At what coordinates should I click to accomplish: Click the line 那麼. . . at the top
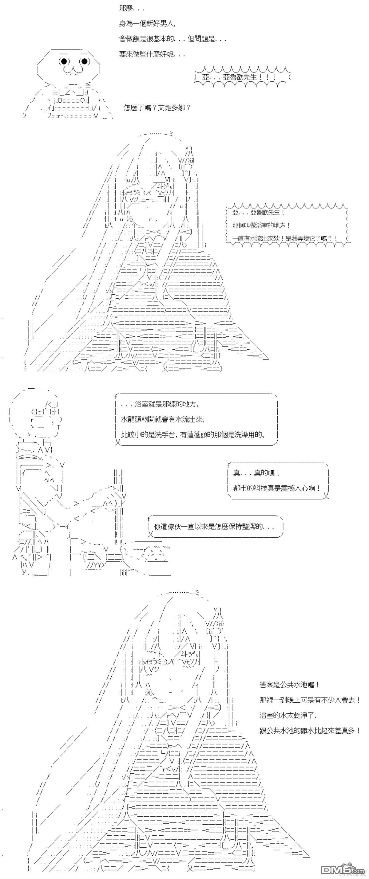click(131, 9)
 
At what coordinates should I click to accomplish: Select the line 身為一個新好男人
click(148, 24)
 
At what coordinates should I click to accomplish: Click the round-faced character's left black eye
click(64, 61)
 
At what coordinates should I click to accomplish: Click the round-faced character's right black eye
click(84, 61)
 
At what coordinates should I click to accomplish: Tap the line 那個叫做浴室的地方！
click(261, 225)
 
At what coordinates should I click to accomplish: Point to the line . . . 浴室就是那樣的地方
click(160, 404)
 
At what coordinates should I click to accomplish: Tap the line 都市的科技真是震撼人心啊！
click(277, 488)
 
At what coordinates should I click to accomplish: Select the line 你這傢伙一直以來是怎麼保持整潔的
click(214, 527)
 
